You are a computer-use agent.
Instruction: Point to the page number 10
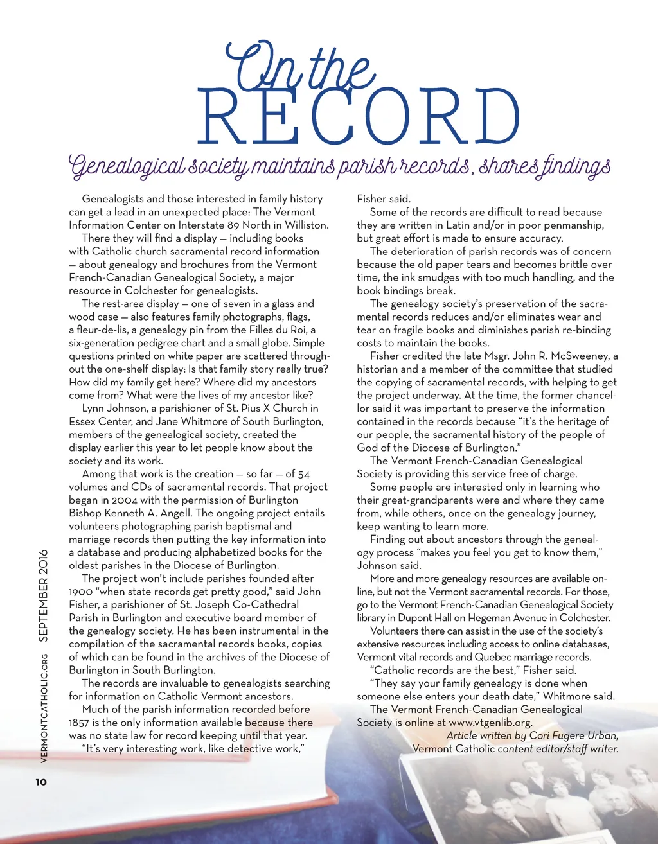coord(41,782)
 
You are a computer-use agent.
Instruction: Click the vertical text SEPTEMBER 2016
coord(43,595)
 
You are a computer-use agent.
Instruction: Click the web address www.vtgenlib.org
coord(490,723)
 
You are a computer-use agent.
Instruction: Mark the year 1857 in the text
coord(80,723)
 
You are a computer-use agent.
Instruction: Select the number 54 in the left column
coord(304,474)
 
